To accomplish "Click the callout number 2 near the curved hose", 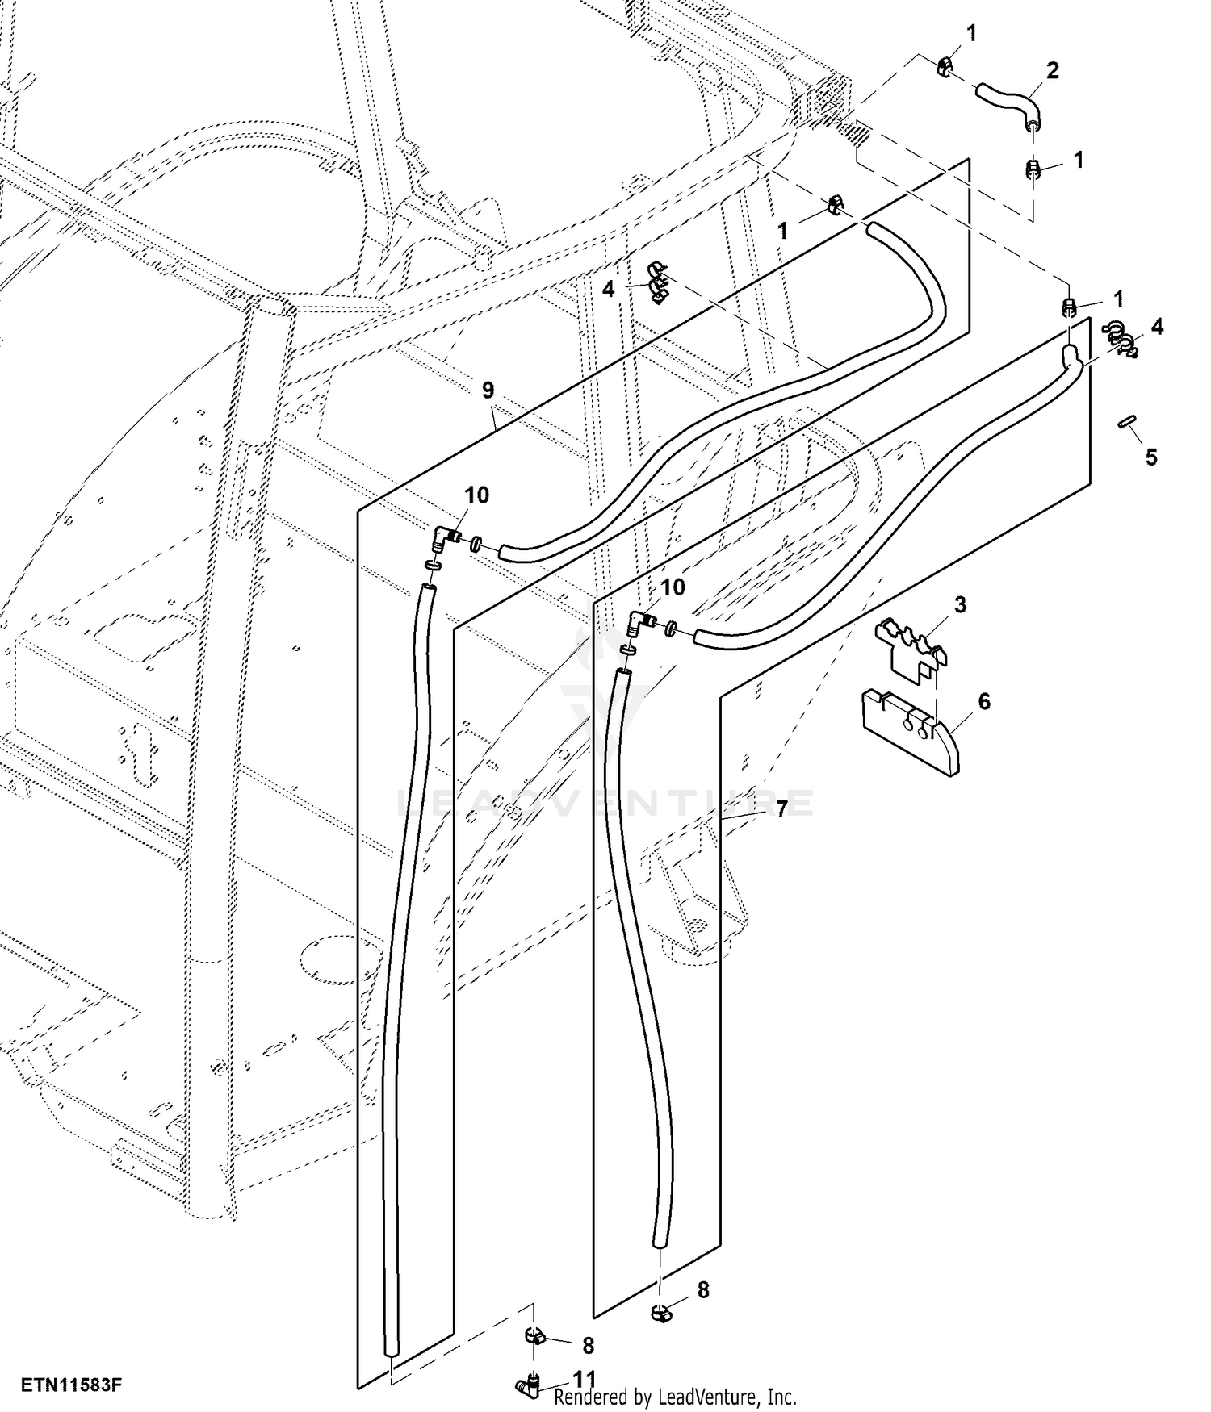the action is point(1052,70).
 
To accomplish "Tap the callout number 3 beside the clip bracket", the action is point(960,605).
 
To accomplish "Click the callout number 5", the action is point(1151,457).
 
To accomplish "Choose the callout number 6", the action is point(984,701).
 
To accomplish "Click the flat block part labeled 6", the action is point(907,730).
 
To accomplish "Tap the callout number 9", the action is point(488,391).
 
